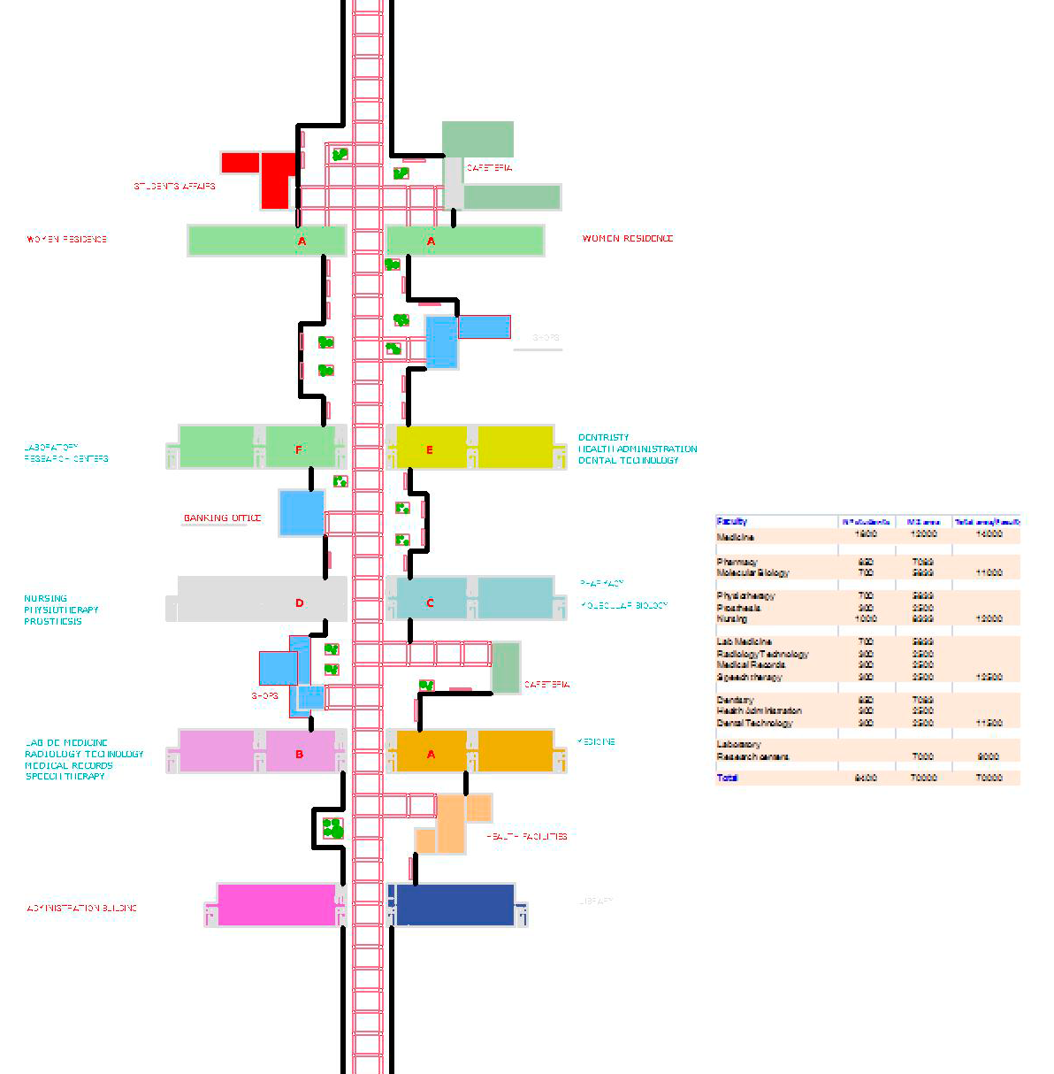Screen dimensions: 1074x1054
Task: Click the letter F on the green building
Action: (299, 450)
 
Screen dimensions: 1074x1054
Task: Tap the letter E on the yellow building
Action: (430, 450)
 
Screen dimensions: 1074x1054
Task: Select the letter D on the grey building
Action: (300, 603)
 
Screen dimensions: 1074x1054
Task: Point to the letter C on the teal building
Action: (431, 603)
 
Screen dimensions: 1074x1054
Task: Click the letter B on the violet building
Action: (300, 755)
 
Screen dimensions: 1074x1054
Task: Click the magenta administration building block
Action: (276, 905)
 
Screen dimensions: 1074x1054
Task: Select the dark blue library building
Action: (455, 905)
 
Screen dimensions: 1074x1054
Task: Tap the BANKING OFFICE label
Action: (222, 518)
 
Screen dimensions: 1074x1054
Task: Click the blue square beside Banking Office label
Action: (302, 513)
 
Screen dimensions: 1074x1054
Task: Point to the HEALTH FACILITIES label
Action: (527, 836)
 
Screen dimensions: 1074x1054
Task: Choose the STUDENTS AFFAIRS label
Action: (174, 187)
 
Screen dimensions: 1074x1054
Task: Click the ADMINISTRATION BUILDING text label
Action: (81, 909)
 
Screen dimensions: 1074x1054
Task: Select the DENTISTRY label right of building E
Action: (604, 437)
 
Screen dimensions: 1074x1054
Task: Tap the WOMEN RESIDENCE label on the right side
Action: (628, 239)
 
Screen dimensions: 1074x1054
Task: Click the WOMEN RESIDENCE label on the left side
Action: (66, 240)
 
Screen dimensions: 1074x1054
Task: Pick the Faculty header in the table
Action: (732, 522)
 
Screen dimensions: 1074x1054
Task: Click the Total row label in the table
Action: (727, 778)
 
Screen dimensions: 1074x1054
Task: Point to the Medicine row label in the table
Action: (736, 537)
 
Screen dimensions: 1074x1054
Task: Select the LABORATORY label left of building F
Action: (51, 448)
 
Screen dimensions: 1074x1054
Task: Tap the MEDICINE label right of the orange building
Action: (596, 742)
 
